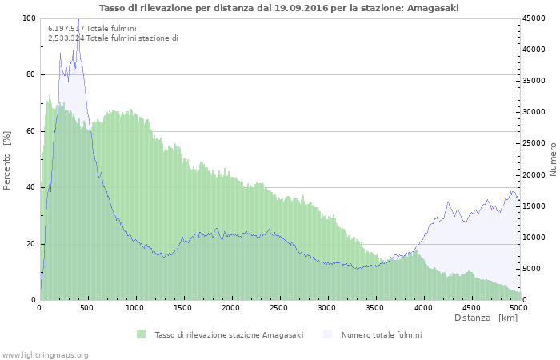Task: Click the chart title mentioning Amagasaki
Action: [279, 8]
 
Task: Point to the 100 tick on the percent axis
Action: [29, 18]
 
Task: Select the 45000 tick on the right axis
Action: [534, 18]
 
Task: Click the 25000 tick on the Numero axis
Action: [534, 144]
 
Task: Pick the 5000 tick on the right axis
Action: [531, 269]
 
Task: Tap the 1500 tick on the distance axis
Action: [183, 307]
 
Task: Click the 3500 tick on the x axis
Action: [374, 307]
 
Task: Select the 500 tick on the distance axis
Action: [88, 307]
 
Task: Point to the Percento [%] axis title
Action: [8, 160]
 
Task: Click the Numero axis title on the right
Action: [553, 159]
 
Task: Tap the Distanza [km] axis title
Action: [486, 318]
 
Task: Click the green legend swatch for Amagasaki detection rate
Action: [141, 334]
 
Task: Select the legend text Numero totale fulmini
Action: [381, 334]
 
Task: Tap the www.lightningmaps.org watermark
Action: [45, 354]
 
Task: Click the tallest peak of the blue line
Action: [78, 19]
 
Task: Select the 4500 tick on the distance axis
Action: [470, 307]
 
